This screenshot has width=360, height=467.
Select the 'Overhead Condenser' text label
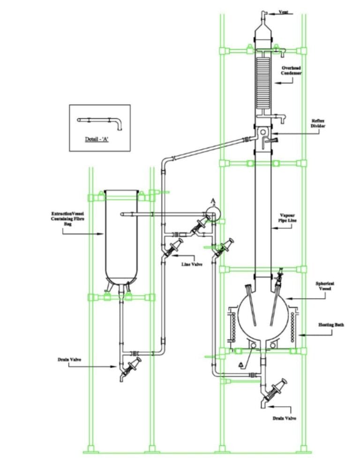[292, 71]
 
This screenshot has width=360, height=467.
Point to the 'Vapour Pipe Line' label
[292, 217]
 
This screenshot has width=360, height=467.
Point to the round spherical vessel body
[262, 310]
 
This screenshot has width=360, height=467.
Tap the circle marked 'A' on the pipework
[213, 212]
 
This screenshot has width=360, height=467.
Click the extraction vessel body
[121, 234]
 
